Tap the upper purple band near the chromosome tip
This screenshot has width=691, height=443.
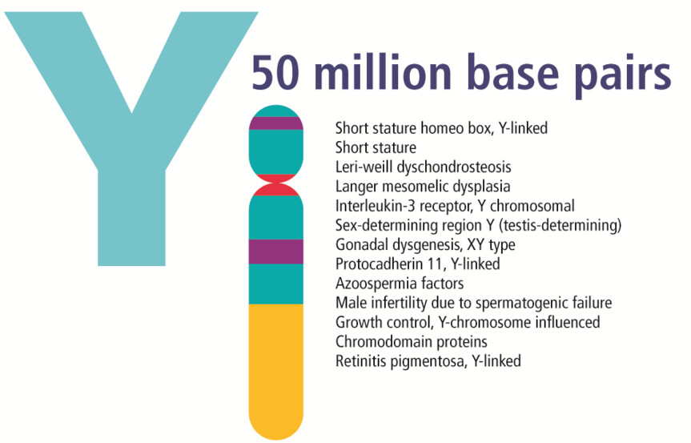276,123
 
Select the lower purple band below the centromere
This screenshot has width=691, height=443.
276,251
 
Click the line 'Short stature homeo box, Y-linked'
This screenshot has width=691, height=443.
441,127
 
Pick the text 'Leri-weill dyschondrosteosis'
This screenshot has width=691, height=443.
423,167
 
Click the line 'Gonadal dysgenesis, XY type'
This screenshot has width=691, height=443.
424,244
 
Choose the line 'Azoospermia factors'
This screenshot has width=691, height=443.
399,284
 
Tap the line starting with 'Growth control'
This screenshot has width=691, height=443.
468,322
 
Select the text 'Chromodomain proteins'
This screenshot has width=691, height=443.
411,341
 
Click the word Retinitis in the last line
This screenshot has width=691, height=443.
361,360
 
